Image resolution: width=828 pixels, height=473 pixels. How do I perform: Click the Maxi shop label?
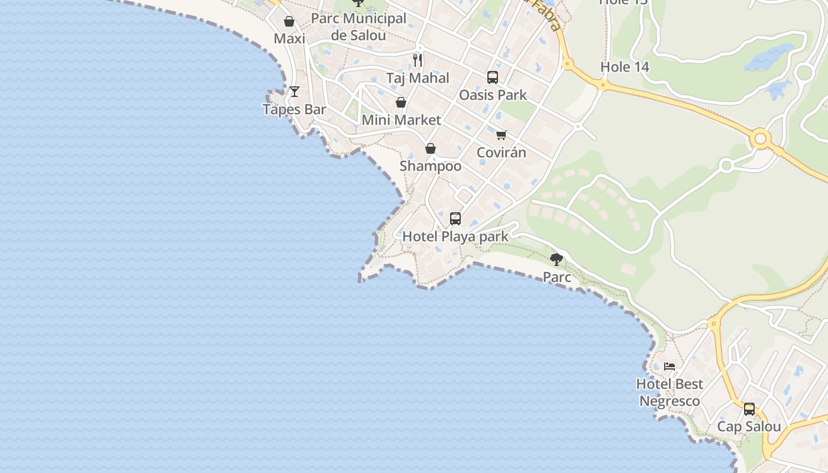[x=289, y=39]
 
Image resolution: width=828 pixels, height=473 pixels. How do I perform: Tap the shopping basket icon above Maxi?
[x=289, y=22]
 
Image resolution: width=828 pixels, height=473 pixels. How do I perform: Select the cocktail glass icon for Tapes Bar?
[x=294, y=92]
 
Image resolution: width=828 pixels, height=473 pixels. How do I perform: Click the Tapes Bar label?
[x=294, y=109]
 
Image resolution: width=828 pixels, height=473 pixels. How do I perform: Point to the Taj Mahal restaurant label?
[x=418, y=78]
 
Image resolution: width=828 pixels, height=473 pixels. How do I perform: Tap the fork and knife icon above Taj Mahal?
[x=418, y=60]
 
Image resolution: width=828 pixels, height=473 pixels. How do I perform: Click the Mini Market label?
[x=401, y=120]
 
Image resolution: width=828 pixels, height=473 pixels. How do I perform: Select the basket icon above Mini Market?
[x=401, y=102]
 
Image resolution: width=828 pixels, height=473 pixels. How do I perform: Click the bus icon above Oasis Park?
[x=492, y=77]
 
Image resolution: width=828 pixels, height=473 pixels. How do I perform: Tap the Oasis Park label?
[x=493, y=95]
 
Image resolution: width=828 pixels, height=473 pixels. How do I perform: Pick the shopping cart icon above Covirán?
[x=502, y=135]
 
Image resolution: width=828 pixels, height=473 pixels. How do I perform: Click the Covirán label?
[x=501, y=153]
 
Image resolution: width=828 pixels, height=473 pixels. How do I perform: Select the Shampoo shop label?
[x=431, y=166]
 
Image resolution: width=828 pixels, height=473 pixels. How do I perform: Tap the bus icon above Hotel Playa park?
[x=455, y=219]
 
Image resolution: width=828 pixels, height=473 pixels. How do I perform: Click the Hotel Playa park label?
[x=455, y=237]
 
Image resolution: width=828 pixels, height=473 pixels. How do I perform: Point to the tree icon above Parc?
[x=557, y=259]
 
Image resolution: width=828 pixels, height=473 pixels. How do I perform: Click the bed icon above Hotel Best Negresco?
[x=669, y=367]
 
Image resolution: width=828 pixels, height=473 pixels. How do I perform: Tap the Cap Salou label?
[x=749, y=426]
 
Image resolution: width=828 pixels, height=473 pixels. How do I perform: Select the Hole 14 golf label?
[x=625, y=67]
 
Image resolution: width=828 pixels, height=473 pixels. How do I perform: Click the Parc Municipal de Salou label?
[x=358, y=27]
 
